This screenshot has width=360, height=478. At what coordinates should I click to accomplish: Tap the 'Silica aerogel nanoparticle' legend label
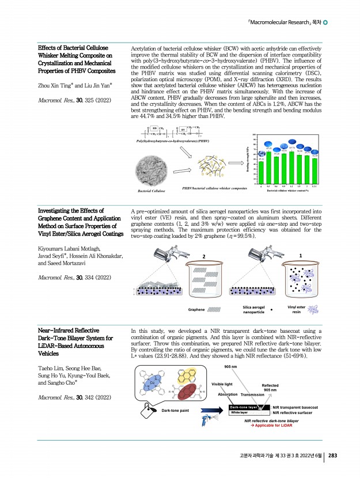[254, 310]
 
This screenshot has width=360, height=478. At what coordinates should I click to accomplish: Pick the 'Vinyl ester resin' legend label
[297, 310]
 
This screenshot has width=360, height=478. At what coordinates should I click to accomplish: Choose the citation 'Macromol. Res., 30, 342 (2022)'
[69, 397]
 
